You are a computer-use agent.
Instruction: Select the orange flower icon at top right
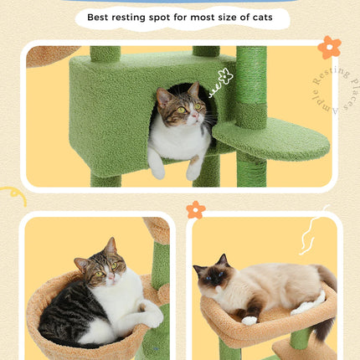pyautogui.click(x=329, y=47)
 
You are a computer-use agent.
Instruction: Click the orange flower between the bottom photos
pyautogui.click(x=196, y=209)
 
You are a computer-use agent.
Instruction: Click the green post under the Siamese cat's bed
pyautogui.click(x=229, y=351)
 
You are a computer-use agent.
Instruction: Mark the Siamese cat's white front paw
pyautogui.click(x=249, y=320)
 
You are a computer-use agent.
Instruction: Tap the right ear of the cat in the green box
pyautogui.click(x=193, y=90)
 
